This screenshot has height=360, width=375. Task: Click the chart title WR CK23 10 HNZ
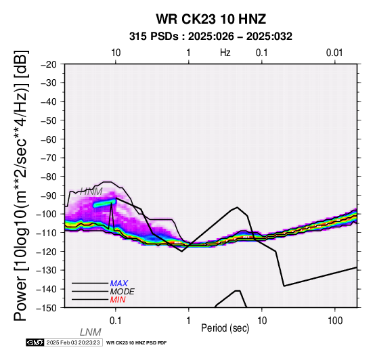coord(211,19)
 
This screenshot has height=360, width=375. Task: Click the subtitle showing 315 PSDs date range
coord(211,37)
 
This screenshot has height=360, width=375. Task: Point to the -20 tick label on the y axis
coord(48,64)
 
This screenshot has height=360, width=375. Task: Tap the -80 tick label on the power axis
coord(48,177)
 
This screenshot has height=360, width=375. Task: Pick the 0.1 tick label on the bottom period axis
coord(116,321)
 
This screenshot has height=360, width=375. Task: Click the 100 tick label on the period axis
coord(335,321)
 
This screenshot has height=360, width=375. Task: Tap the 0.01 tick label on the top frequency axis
coord(334,53)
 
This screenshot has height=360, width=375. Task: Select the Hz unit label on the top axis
coord(225,53)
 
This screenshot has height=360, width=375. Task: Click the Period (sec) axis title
coord(225,328)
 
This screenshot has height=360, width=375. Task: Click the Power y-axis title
coord(21,185)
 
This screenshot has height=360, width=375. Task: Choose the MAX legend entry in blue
coord(119,284)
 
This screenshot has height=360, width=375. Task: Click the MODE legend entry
coord(123,292)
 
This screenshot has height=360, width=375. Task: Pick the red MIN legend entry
coord(118,300)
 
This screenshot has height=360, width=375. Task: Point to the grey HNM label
coord(91,192)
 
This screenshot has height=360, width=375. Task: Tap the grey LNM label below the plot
coord(91,332)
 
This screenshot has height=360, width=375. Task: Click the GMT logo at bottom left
coord(35,342)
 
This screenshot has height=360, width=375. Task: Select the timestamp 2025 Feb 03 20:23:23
coord(73,342)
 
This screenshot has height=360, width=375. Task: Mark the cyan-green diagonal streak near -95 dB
coord(105,203)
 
